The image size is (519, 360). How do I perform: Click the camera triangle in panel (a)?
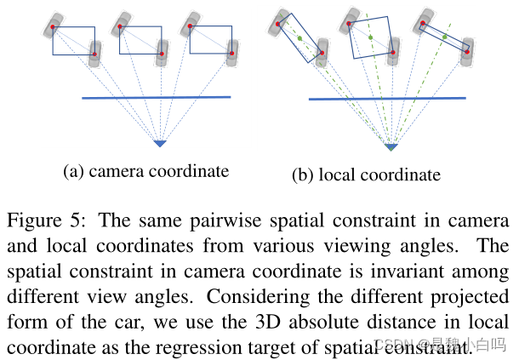[160, 142]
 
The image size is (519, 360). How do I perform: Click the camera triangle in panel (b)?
[391, 146]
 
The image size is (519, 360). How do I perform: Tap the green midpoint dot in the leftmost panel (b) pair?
[301, 37]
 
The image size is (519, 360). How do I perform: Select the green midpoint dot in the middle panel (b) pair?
[372, 38]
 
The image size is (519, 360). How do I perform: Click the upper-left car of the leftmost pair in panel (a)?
[54, 25]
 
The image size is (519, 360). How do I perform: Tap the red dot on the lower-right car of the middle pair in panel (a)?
[160, 54]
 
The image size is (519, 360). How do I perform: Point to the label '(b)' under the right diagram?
[303, 176]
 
